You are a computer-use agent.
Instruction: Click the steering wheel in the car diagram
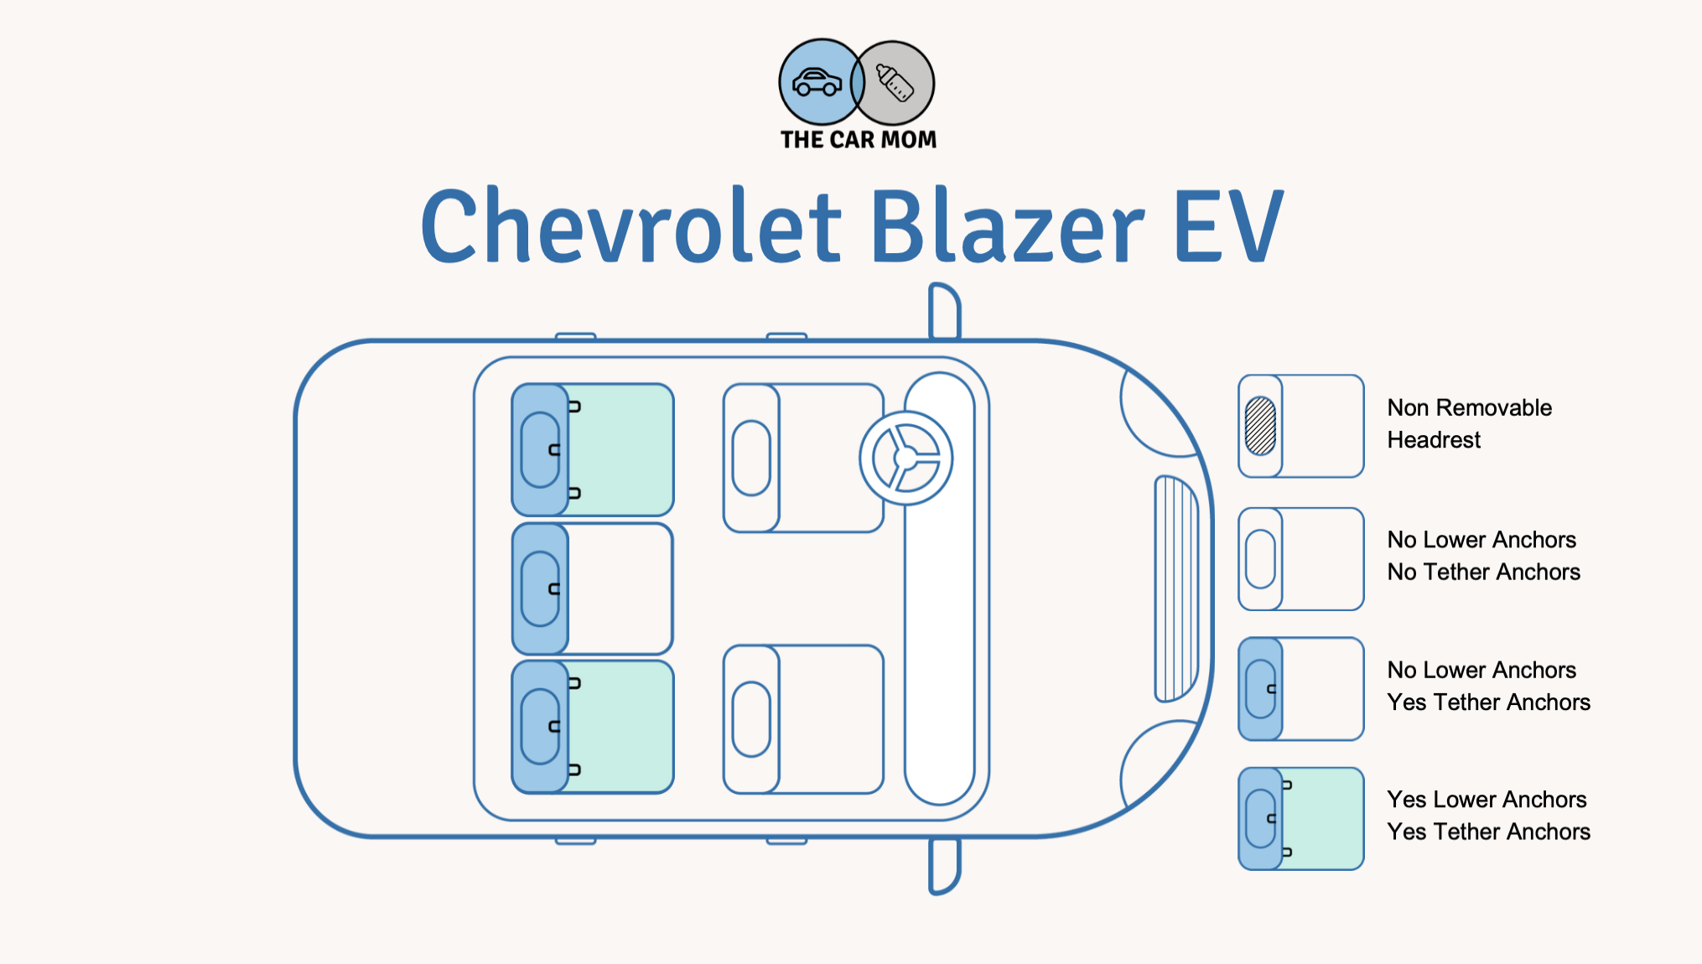point(906,458)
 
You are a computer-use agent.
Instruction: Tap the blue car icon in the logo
point(817,82)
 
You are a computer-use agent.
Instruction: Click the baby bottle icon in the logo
point(895,82)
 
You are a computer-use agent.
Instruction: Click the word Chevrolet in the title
point(630,225)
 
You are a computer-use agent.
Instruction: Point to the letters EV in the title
point(1229,225)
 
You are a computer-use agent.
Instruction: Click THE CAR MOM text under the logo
point(859,139)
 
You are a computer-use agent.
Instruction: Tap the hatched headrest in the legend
point(1260,426)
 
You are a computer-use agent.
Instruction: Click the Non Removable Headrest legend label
point(1469,423)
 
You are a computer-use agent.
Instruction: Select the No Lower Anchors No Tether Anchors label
point(1483,556)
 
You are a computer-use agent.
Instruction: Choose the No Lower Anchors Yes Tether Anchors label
point(1488,686)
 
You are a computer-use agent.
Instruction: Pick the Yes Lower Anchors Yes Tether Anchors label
point(1488,816)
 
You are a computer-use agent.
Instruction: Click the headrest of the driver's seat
point(751,458)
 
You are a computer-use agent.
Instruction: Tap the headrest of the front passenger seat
point(751,719)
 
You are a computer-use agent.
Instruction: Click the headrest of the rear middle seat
point(540,588)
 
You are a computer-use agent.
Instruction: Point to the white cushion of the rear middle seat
point(620,588)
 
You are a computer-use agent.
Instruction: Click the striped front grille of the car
point(1176,588)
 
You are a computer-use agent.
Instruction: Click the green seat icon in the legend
point(1301,819)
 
